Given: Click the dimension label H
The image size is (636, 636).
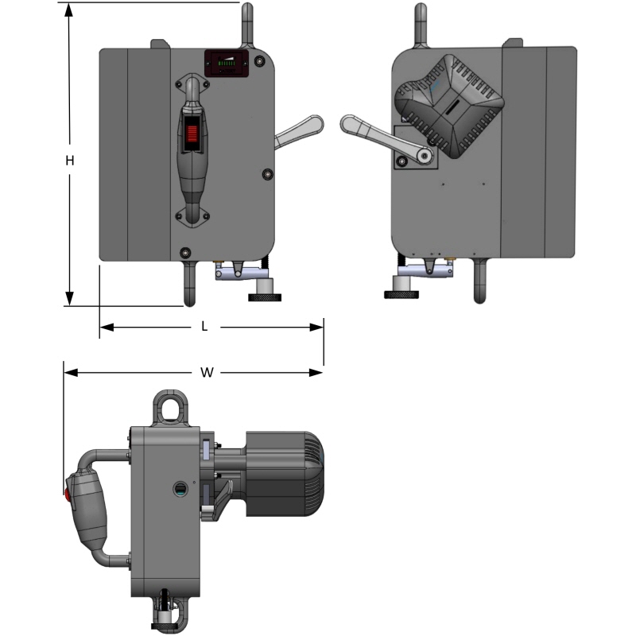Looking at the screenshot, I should [70, 160].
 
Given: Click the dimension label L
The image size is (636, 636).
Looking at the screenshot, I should [204, 326].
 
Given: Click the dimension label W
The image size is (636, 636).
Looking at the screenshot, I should [207, 372].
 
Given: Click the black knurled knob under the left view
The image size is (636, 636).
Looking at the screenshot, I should [264, 297].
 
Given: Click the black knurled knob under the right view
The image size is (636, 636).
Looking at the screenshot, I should [401, 293].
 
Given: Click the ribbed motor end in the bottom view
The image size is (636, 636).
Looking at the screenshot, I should [312, 474].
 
